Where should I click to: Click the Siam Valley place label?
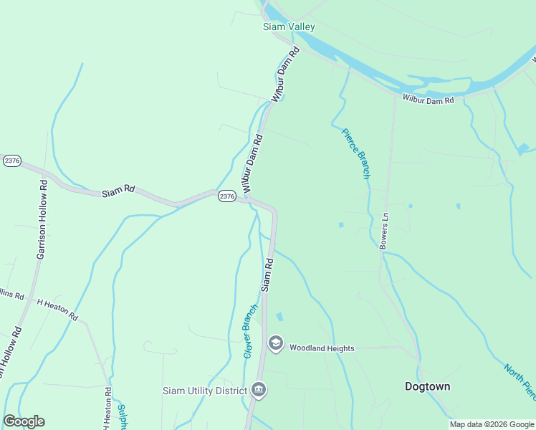click(x=289, y=27)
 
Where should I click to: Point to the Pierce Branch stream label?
click(x=355, y=153)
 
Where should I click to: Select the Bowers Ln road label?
click(x=384, y=230)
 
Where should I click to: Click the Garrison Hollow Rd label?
click(x=42, y=219)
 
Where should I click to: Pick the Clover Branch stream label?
click(x=250, y=330)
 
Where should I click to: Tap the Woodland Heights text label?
click(x=322, y=348)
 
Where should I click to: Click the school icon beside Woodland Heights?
click(x=275, y=344)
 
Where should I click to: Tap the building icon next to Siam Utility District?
click(x=259, y=391)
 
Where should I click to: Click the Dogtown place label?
click(x=428, y=386)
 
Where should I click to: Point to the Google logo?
click(x=24, y=421)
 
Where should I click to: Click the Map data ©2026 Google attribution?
click(x=492, y=424)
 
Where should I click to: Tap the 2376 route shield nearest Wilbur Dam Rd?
click(x=226, y=196)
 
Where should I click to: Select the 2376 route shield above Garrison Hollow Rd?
click(x=12, y=161)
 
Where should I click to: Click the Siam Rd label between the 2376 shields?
click(x=118, y=191)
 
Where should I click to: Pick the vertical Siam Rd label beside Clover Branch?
click(x=268, y=274)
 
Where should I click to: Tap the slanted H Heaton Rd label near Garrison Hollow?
click(x=57, y=310)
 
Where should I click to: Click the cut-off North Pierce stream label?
click(x=519, y=381)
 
